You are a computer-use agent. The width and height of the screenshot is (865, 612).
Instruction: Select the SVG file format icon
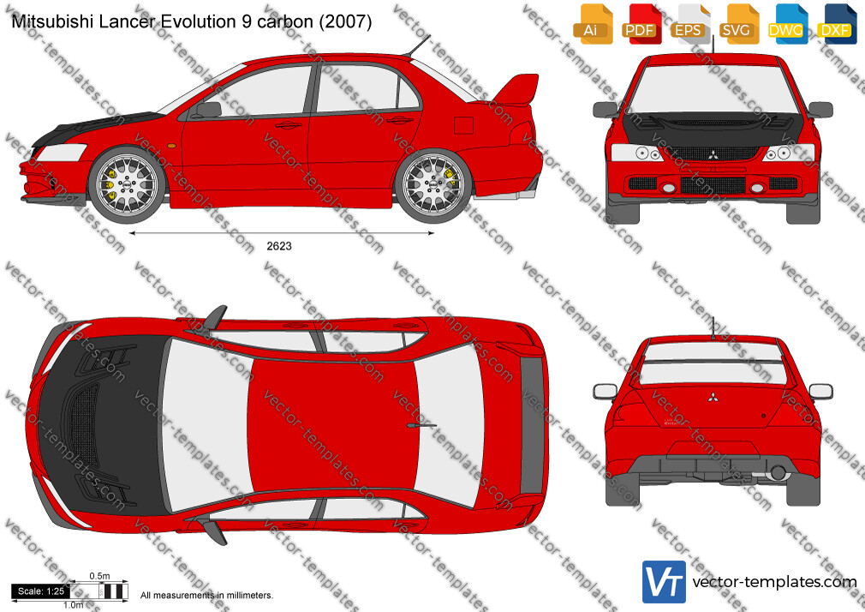click(x=737, y=24)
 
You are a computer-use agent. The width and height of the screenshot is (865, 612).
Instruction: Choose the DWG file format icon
click(x=787, y=24)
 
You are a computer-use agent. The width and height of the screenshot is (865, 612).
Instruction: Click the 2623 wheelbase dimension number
click(x=279, y=246)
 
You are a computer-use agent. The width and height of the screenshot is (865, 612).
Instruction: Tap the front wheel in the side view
click(x=127, y=184)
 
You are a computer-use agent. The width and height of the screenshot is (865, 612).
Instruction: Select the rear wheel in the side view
click(x=433, y=184)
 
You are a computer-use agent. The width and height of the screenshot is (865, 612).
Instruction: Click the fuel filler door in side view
click(x=463, y=125)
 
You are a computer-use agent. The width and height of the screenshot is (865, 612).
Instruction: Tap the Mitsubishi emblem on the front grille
click(x=713, y=154)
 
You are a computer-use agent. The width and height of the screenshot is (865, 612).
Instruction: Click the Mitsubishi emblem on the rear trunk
click(x=713, y=397)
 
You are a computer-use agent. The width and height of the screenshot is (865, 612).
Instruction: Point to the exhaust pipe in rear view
click(x=778, y=472)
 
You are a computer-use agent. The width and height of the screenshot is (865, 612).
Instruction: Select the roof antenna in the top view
click(x=421, y=426)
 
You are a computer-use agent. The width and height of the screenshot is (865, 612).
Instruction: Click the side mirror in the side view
click(x=207, y=110)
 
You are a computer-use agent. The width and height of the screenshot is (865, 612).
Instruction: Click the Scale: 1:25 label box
click(x=41, y=591)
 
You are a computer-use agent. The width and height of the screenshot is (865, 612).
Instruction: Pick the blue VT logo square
click(x=665, y=582)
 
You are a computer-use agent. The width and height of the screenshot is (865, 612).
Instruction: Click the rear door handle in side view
click(x=399, y=120)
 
